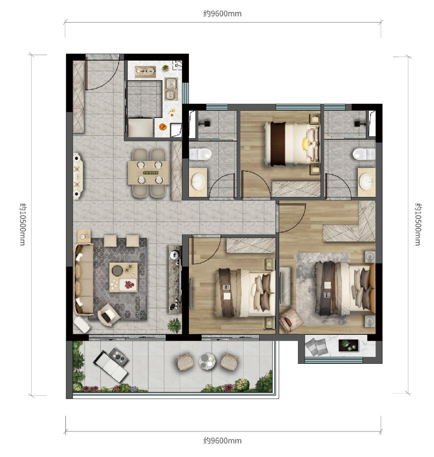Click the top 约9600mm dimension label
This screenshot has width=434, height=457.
click(x=223, y=14)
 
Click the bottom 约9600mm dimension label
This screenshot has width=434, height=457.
click(x=223, y=440)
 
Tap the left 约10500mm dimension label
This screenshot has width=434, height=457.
click(x=23, y=224)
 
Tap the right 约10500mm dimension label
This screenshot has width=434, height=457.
click(x=418, y=224)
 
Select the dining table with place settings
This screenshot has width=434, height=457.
click(x=149, y=172)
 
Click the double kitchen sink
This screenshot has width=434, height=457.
click(x=170, y=89)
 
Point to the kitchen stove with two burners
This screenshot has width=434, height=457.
click(x=145, y=72)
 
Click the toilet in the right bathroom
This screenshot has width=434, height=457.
click(x=364, y=154)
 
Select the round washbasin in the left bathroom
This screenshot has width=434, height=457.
click(x=198, y=181)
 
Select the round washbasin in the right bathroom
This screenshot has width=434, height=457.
click(x=366, y=181)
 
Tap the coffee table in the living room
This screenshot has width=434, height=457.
click(x=123, y=277)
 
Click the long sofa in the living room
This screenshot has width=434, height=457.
click(x=84, y=279)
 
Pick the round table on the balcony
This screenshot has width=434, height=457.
click(x=207, y=361)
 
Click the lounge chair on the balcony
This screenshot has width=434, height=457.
click(x=111, y=364)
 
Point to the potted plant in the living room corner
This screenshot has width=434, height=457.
click(x=174, y=325)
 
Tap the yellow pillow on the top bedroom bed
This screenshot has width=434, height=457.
click(x=305, y=144)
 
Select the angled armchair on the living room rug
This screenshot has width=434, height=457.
click(x=108, y=315)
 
